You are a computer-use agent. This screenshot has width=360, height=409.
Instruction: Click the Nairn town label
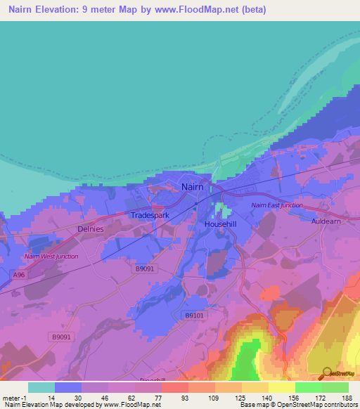[192, 187]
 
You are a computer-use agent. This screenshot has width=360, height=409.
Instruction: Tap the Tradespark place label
[150, 215]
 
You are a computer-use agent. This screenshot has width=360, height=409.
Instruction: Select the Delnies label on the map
[90, 229]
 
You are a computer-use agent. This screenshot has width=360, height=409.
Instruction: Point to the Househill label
[220, 223]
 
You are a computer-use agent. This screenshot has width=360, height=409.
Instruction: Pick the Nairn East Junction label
[277, 205]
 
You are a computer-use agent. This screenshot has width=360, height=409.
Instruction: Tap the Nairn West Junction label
[51, 257]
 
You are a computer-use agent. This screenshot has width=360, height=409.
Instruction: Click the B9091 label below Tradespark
[144, 268]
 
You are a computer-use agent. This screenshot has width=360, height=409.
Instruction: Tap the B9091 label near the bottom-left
[61, 337]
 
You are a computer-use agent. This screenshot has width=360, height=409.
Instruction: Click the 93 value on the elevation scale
[184, 398]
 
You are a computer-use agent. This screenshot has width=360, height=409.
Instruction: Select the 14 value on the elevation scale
[51, 398]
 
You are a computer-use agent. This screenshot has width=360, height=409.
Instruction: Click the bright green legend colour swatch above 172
[308, 387]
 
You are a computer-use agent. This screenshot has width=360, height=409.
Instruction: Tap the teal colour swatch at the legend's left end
[41, 387]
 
